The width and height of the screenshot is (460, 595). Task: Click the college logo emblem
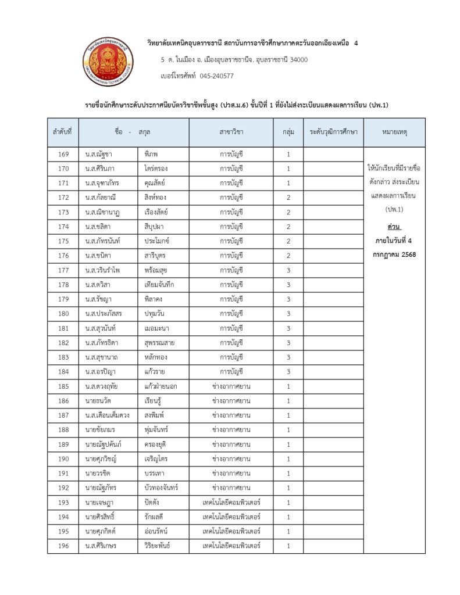click(106, 60)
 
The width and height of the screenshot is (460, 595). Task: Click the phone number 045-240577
click(217, 76)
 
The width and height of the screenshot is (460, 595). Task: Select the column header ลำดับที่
click(62, 132)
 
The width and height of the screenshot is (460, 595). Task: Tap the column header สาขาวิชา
click(231, 132)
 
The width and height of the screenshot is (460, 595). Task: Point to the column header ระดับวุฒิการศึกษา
click(333, 132)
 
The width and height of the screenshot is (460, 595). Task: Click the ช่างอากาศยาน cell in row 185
click(231, 386)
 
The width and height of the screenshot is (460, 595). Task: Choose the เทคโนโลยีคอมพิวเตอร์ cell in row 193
click(231, 503)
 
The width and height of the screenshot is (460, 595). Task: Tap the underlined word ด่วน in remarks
click(394, 225)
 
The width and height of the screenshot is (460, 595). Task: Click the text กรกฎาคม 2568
click(394, 254)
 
